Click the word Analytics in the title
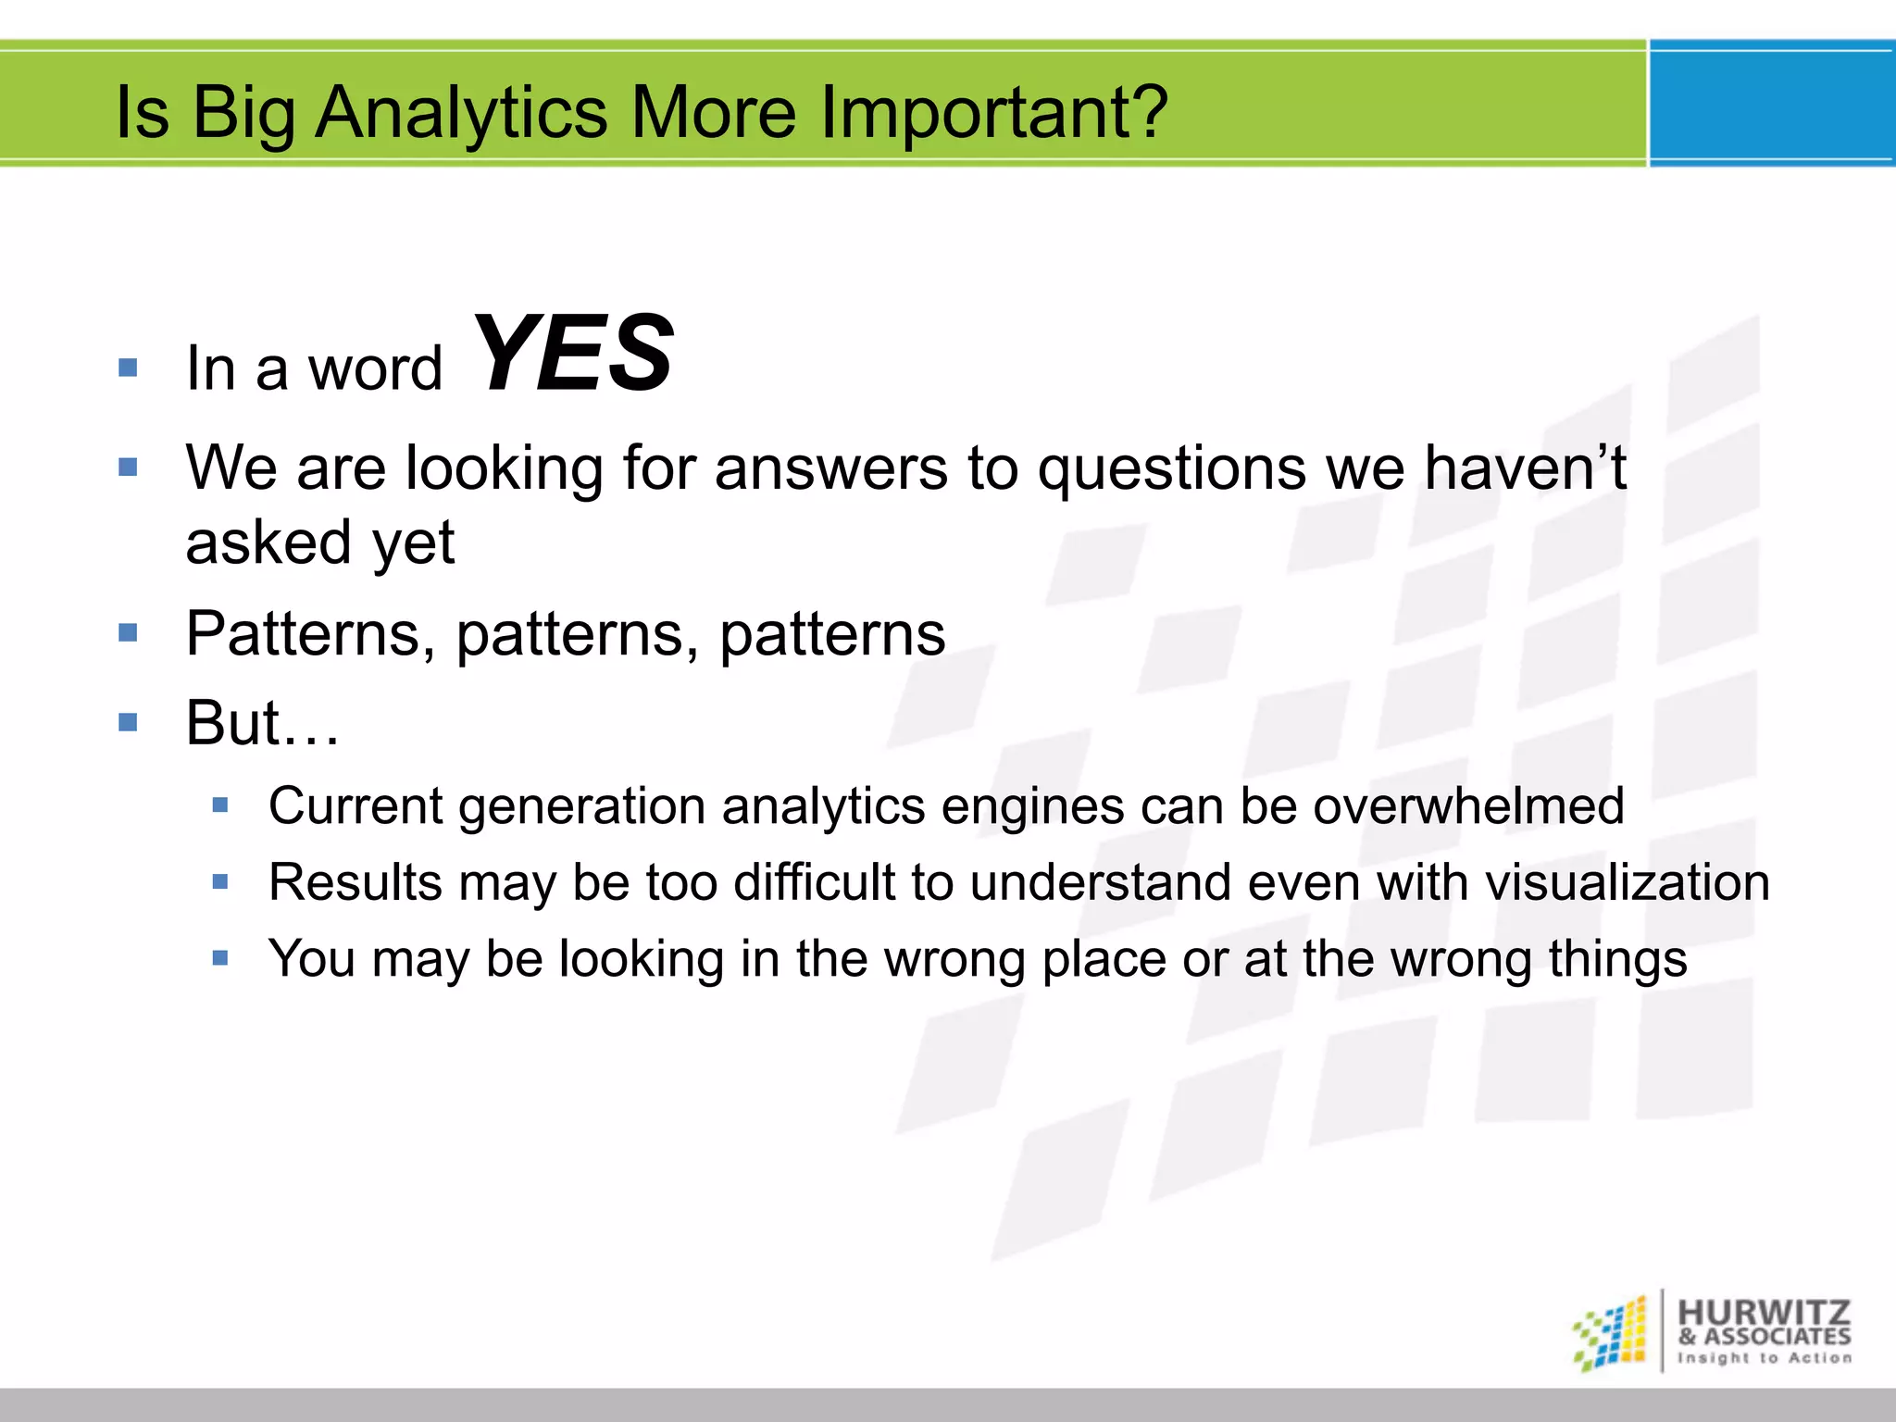coord(461,113)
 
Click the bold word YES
coord(573,355)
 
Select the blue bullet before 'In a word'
coord(129,368)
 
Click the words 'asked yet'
coord(320,543)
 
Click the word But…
coord(262,723)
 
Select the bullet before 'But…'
coord(129,722)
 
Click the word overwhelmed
coord(1468,806)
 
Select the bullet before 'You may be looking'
coord(220,958)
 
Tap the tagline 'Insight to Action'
coord(1764,1358)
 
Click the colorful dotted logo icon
coord(1612,1334)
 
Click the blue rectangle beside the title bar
coord(1771,104)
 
